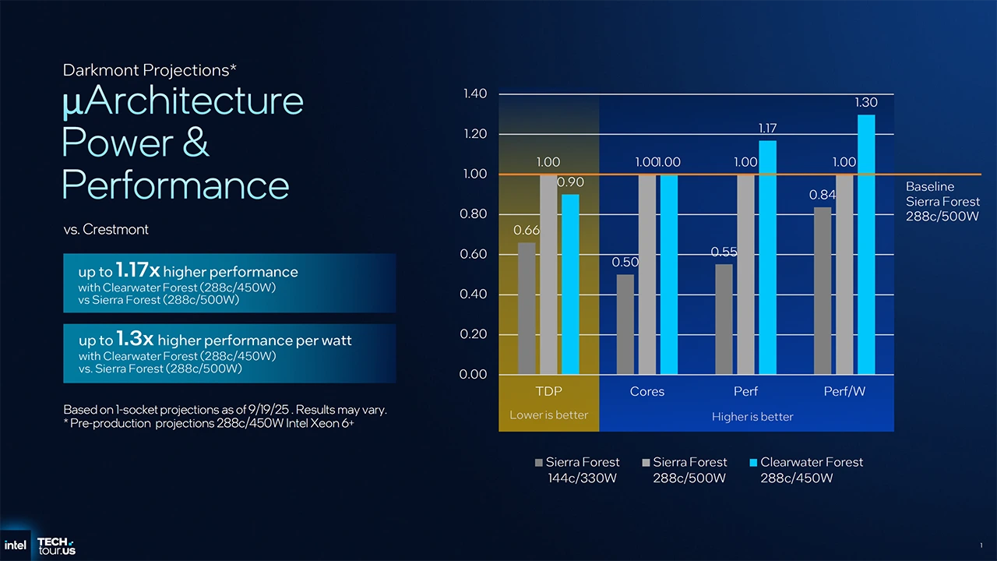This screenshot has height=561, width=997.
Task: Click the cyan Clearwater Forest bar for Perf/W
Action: tap(865, 245)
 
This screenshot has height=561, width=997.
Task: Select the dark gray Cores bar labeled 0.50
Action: tap(625, 324)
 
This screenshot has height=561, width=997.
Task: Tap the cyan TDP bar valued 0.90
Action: tap(570, 284)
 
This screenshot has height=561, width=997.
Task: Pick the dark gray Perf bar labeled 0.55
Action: tap(724, 319)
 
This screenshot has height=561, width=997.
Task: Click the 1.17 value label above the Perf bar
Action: tap(767, 129)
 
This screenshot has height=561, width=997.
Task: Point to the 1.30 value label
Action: tap(865, 103)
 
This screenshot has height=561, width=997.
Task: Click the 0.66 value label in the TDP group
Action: tap(527, 231)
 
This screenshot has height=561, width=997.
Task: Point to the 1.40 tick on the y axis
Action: tap(475, 94)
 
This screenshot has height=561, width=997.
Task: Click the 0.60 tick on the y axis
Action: tap(475, 255)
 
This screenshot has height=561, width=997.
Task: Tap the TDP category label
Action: tap(548, 392)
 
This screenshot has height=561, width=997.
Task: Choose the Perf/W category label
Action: tap(844, 392)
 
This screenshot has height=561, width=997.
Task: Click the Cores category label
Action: tap(646, 392)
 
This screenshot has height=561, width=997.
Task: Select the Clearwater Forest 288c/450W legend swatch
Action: tap(753, 463)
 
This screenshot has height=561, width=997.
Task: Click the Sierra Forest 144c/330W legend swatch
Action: tap(539, 463)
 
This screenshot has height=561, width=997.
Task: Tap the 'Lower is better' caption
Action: tap(548, 415)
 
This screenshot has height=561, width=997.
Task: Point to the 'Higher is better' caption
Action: tap(752, 417)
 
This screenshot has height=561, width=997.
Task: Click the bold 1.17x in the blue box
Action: tap(138, 270)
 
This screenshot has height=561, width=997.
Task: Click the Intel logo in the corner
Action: tap(16, 545)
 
